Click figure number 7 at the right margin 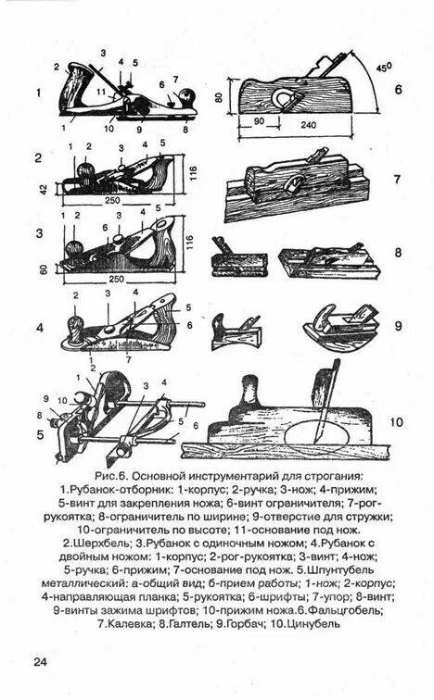(396, 180)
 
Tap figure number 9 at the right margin (396, 325)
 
